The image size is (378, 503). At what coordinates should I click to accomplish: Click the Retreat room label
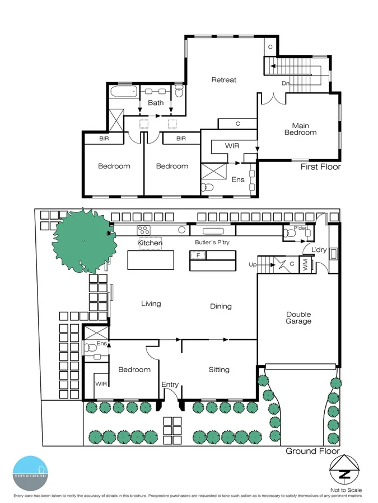[x=223, y=80]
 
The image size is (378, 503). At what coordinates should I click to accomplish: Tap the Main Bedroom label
[x=301, y=129]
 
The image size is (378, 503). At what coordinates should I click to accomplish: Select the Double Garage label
[x=298, y=317]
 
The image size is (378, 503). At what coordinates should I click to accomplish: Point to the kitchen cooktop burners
[x=143, y=230]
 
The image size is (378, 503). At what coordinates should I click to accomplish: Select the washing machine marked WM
[x=305, y=267]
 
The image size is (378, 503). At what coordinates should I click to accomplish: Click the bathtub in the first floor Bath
[x=122, y=92]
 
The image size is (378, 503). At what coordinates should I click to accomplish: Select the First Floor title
[x=320, y=167]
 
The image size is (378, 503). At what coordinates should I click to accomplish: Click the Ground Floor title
[x=312, y=451]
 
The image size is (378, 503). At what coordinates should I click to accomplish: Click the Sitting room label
[x=219, y=370]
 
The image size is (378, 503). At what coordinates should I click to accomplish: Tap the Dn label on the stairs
[x=286, y=83]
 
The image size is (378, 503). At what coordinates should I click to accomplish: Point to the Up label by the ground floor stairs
[x=253, y=264]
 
